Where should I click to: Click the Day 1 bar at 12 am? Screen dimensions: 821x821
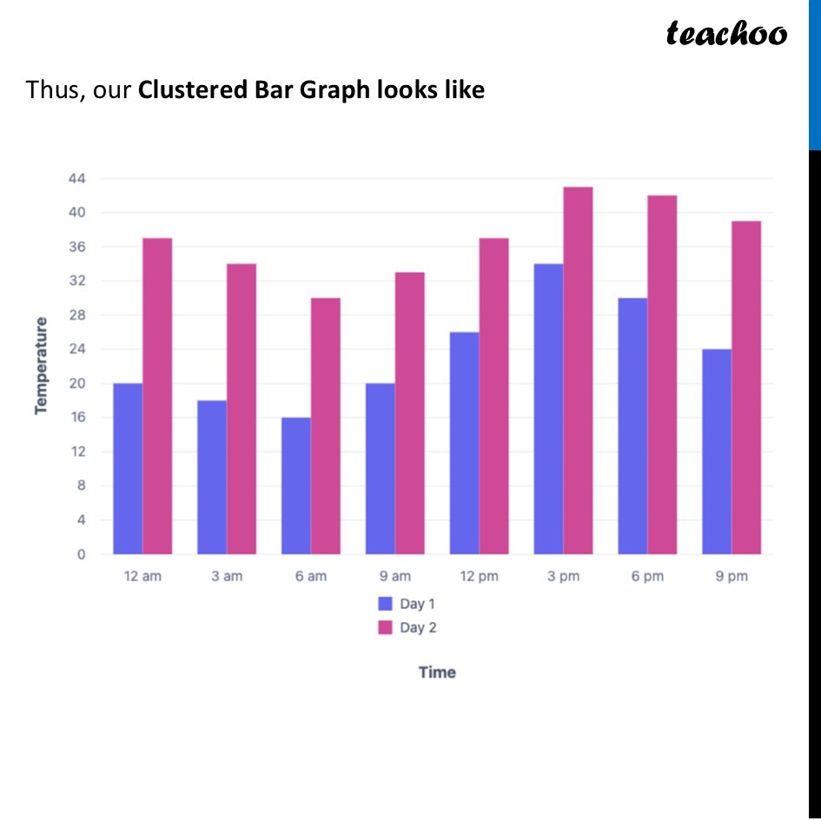(x=128, y=468)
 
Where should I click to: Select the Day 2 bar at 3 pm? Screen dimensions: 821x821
(x=578, y=370)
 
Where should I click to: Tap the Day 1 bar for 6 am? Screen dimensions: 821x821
(x=296, y=486)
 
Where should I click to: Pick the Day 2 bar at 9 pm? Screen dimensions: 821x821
(x=746, y=387)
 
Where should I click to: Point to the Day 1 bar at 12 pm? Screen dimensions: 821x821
(x=465, y=443)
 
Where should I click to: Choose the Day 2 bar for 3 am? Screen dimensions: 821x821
(x=242, y=408)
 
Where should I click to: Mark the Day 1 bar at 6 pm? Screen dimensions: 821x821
(x=632, y=426)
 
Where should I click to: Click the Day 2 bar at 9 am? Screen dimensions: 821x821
(x=410, y=413)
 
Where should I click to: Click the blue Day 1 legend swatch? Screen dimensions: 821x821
(x=386, y=604)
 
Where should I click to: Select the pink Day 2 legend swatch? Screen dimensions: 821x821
(x=386, y=627)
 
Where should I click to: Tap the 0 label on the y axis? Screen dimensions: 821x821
(x=81, y=554)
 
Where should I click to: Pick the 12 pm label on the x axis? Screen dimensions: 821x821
(x=479, y=576)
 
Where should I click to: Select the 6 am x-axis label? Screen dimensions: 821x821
(x=310, y=576)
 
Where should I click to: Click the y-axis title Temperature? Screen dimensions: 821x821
(x=41, y=366)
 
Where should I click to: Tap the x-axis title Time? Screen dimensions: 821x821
(x=437, y=672)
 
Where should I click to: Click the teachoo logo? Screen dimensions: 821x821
(x=726, y=34)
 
